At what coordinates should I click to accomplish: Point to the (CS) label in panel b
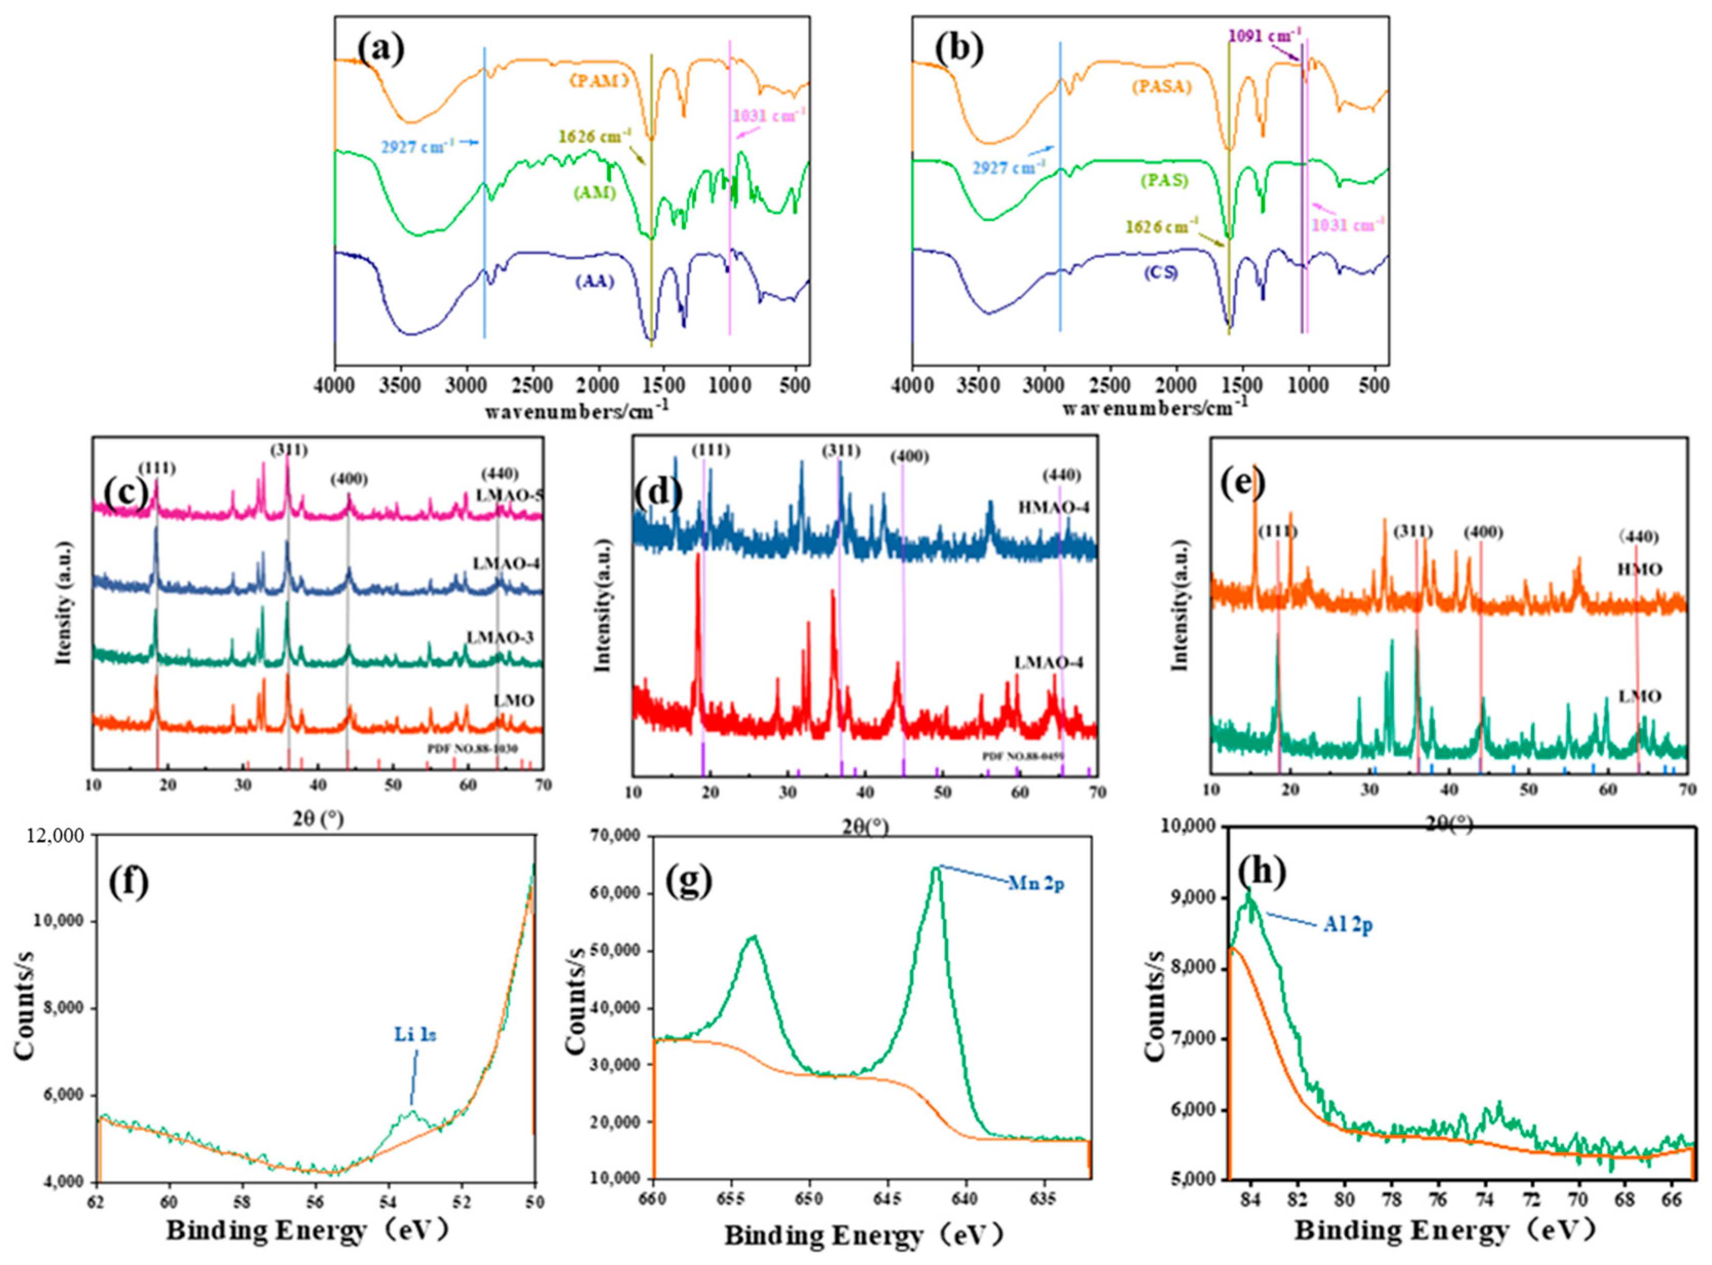tap(1160, 272)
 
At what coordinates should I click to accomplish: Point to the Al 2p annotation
tap(1348, 925)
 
